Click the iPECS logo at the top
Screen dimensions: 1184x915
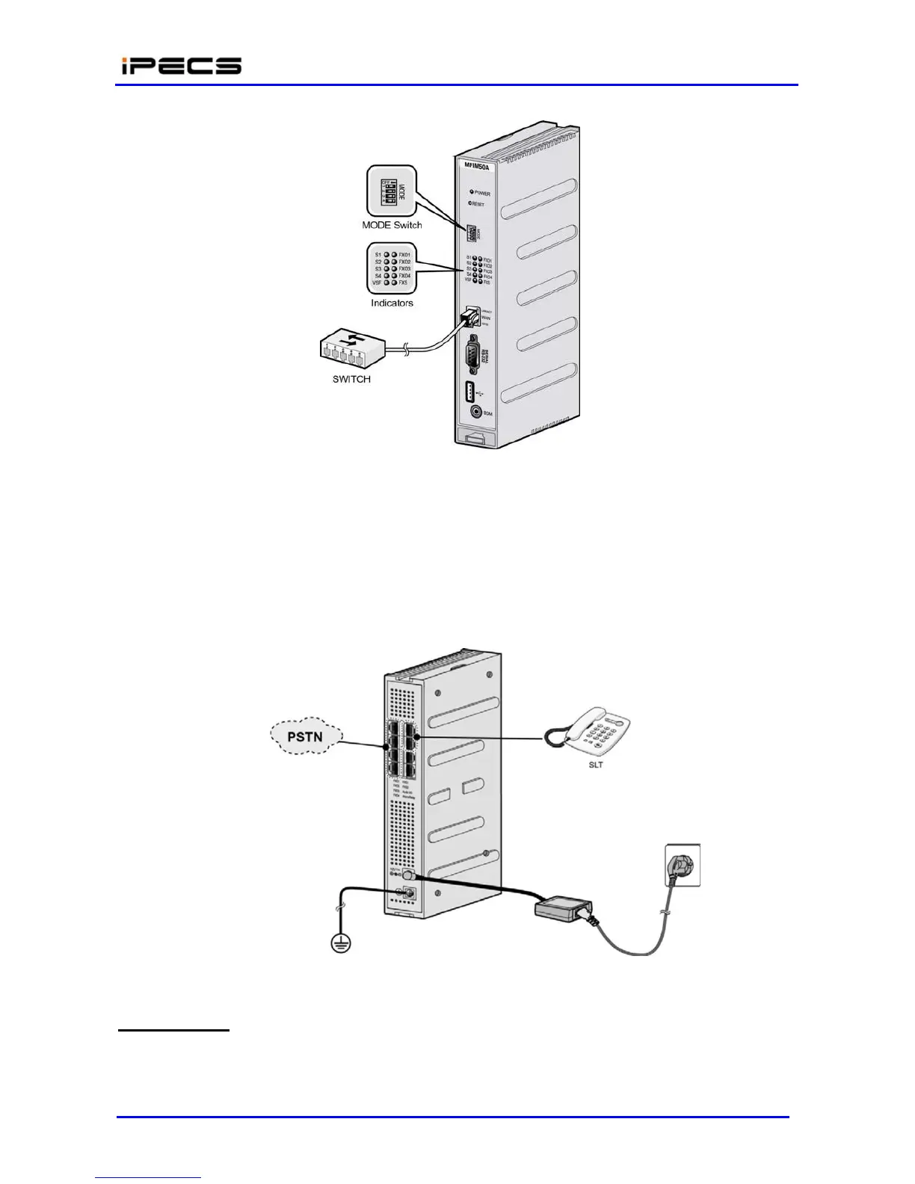click(x=181, y=66)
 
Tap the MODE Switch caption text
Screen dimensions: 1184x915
click(x=392, y=225)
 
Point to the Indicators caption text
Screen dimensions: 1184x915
click(x=392, y=303)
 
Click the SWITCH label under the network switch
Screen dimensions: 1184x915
click(x=351, y=379)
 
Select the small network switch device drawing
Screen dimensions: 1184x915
click(x=351, y=352)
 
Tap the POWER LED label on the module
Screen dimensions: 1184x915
click(x=482, y=193)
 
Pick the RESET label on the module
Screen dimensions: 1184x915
click(x=478, y=204)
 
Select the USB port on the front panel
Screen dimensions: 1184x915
click(x=470, y=392)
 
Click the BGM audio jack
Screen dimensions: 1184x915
click(x=475, y=411)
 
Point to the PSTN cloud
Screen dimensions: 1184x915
click(x=305, y=737)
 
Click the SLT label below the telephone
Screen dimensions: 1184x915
click(x=595, y=765)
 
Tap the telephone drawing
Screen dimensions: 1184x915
click(x=594, y=731)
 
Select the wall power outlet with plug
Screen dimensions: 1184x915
click(x=683, y=865)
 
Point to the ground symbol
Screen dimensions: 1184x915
click(x=341, y=944)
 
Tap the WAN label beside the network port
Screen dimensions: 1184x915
click(x=486, y=318)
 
